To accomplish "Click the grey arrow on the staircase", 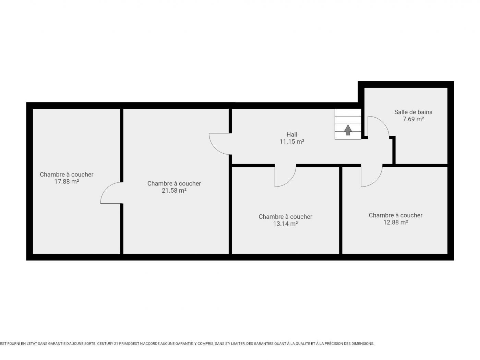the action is pyautogui.click(x=348, y=130).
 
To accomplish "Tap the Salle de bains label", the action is pyautogui.click(x=413, y=112).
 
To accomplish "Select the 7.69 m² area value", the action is pyautogui.click(x=413, y=119).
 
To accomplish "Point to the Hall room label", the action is pyautogui.click(x=292, y=134).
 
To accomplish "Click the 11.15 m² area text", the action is pyautogui.click(x=292, y=142).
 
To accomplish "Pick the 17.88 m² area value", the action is pyautogui.click(x=67, y=181).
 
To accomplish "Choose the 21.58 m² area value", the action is pyautogui.click(x=174, y=190).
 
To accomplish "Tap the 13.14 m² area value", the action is pyautogui.click(x=285, y=224).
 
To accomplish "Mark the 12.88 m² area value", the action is pyautogui.click(x=396, y=222).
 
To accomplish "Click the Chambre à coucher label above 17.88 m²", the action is pyautogui.click(x=67, y=175).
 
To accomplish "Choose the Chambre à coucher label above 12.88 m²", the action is pyautogui.click(x=396, y=215).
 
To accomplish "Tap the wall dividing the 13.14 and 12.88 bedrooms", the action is pyautogui.click(x=340, y=210).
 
